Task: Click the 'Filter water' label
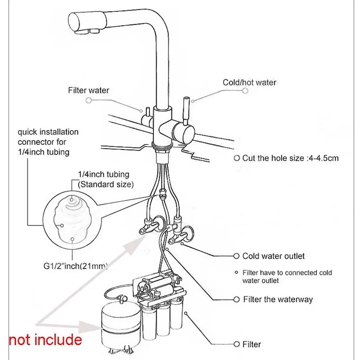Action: (x=89, y=90)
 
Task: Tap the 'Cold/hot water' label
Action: (x=249, y=82)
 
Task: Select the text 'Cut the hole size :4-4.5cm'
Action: (x=290, y=158)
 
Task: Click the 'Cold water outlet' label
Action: (x=273, y=256)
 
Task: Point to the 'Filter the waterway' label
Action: (x=278, y=299)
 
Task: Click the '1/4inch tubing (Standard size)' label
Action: (x=103, y=179)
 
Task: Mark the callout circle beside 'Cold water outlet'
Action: (x=236, y=256)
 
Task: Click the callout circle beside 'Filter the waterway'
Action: (x=237, y=299)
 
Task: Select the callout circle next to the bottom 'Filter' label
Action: (x=237, y=344)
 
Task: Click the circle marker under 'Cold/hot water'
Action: (x=245, y=90)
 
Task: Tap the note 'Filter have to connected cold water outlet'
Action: (x=287, y=276)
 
